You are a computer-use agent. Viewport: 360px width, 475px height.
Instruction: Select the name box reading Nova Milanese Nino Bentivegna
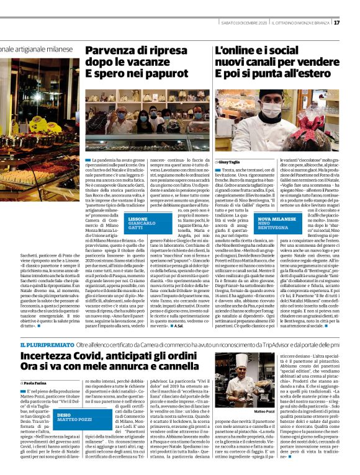277,224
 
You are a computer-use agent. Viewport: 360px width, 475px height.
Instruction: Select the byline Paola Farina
36,384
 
